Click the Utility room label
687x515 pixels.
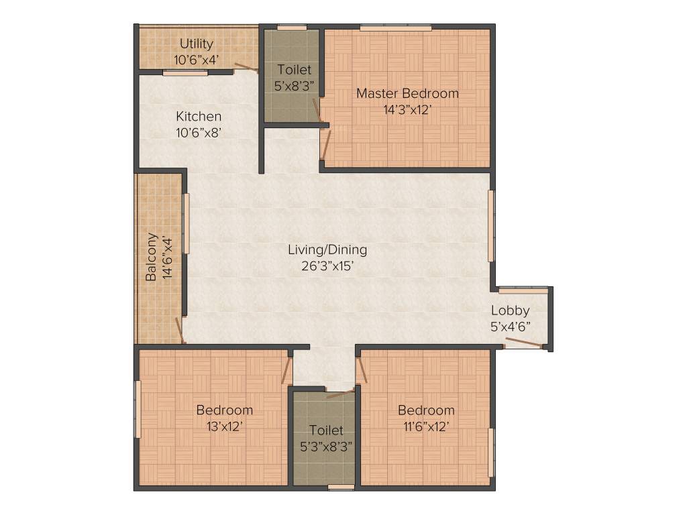pos(196,44)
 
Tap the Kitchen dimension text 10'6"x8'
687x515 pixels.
pos(199,133)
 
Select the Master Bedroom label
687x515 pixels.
pos(407,93)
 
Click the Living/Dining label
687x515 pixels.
pos(327,249)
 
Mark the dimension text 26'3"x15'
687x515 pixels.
pos(327,266)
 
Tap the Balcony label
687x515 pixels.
pos(152,257)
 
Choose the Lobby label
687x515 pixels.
pos(510,310)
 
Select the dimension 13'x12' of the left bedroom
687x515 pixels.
pos(224,426)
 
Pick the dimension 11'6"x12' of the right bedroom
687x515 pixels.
pos(425,426)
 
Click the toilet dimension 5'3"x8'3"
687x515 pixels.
pos(326,445)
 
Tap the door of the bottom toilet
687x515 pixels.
pos(340,393)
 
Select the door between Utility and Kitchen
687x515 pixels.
pos(246,66)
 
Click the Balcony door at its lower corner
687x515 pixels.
pos(179,330)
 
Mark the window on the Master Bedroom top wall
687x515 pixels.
pos(395,27)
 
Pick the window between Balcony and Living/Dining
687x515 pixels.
pos(187,223)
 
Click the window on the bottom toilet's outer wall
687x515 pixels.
pos(341,488)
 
